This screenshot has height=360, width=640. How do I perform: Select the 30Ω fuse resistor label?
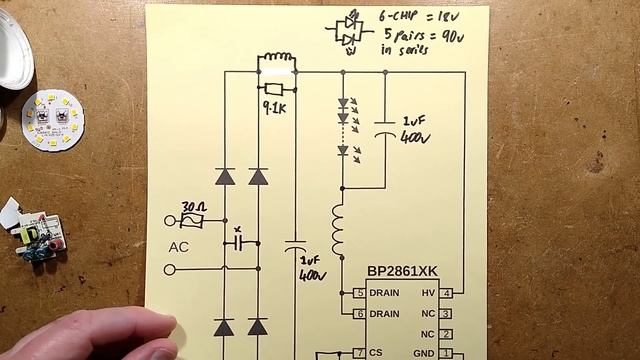[x=194, y=206]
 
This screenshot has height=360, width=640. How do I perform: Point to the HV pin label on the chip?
[x=427, y=293]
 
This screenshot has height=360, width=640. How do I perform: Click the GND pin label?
[x=423, y=353]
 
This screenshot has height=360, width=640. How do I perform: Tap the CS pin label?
[x=375, y=353]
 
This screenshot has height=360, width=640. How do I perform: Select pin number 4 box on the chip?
[x=446, y=293]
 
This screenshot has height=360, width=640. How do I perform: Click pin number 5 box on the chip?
[x=358, y=293]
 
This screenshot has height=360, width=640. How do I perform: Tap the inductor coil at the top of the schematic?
[x=277, y=61]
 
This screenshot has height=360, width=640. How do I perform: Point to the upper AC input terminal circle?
[x=168, y=220]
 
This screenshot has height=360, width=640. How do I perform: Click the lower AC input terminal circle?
[x=168, y=269]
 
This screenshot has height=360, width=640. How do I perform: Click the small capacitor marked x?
[x=238, y=242]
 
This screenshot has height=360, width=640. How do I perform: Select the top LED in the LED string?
[x=342, y=103]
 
